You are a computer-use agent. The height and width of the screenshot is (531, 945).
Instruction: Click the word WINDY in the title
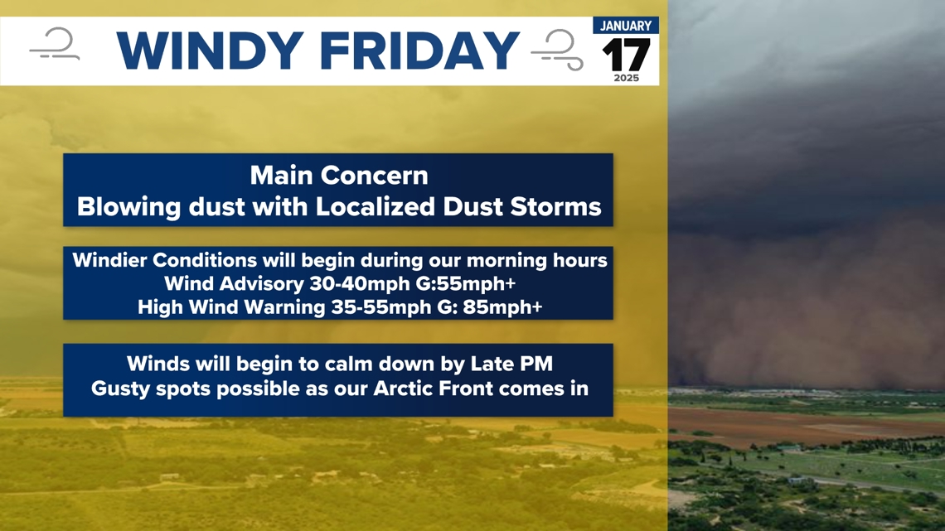tap(210, 51)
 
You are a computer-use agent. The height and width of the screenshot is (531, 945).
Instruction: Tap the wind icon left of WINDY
tap(55, 44)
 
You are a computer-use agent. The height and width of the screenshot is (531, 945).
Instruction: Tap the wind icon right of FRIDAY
tap(558, 50)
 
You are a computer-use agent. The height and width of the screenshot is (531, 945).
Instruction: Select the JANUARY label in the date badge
tap(626, 26)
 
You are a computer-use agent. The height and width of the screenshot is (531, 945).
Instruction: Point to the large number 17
tap(626, 56)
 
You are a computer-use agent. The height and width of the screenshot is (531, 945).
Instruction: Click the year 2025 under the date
tap(626, 78)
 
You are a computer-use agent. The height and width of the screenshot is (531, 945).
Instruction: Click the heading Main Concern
tap(339, 176)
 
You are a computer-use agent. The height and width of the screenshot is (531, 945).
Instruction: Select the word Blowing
tap(129, 207)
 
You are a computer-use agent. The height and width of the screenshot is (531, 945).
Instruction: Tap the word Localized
tap(376, 207)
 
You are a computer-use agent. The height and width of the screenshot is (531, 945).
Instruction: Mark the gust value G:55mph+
tap(466, 283)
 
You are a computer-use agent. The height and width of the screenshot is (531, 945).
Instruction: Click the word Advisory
tap(262, 283)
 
